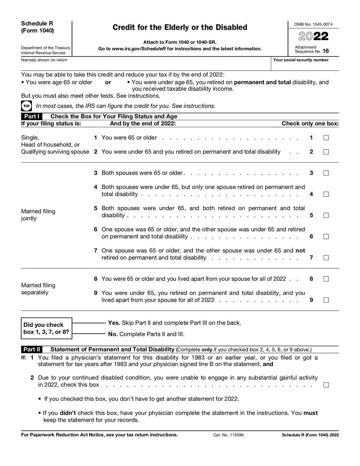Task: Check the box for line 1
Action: point(326,138)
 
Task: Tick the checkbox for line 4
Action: point(326,194)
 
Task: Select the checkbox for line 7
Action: point(326,258)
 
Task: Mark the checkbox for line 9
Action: point(326,300)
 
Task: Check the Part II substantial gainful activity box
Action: point(326,385)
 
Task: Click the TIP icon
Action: point(26,106)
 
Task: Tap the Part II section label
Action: point(32,349)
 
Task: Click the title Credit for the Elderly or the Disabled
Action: point(180,27)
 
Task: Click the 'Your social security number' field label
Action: point(301,60)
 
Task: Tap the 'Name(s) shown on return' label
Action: point(44,60)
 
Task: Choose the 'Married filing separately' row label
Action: point(38,289)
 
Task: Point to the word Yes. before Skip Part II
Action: point(114,323)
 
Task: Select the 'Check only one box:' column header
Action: point(310,123)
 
